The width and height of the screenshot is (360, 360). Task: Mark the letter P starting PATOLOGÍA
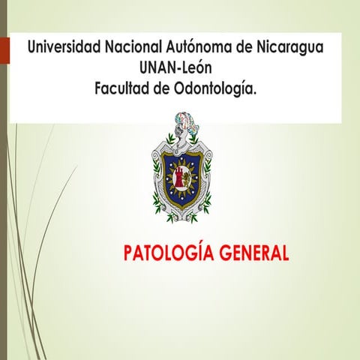(128, 251)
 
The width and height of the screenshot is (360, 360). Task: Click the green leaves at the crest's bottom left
(159, 206)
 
